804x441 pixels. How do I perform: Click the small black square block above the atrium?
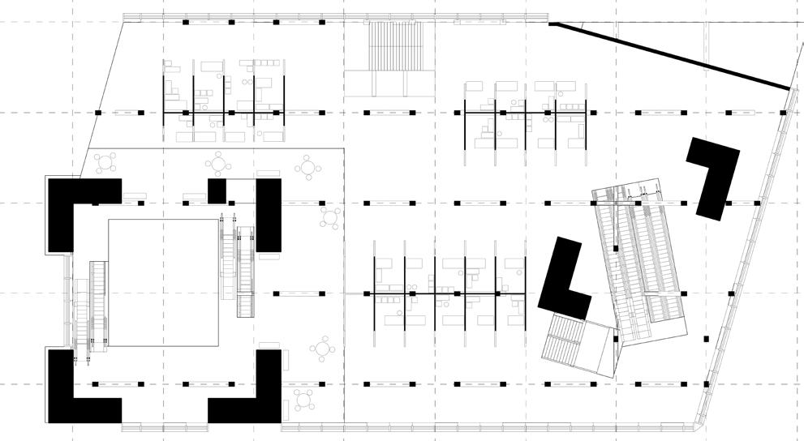pos(217,191)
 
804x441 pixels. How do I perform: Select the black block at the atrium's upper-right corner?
pos(269,214)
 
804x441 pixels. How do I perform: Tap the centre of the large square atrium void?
pos(165,281)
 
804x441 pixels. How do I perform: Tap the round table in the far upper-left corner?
pos(105,163)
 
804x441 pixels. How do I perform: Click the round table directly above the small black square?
pos(219,165)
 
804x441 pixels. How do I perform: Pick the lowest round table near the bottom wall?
pos(303,400)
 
